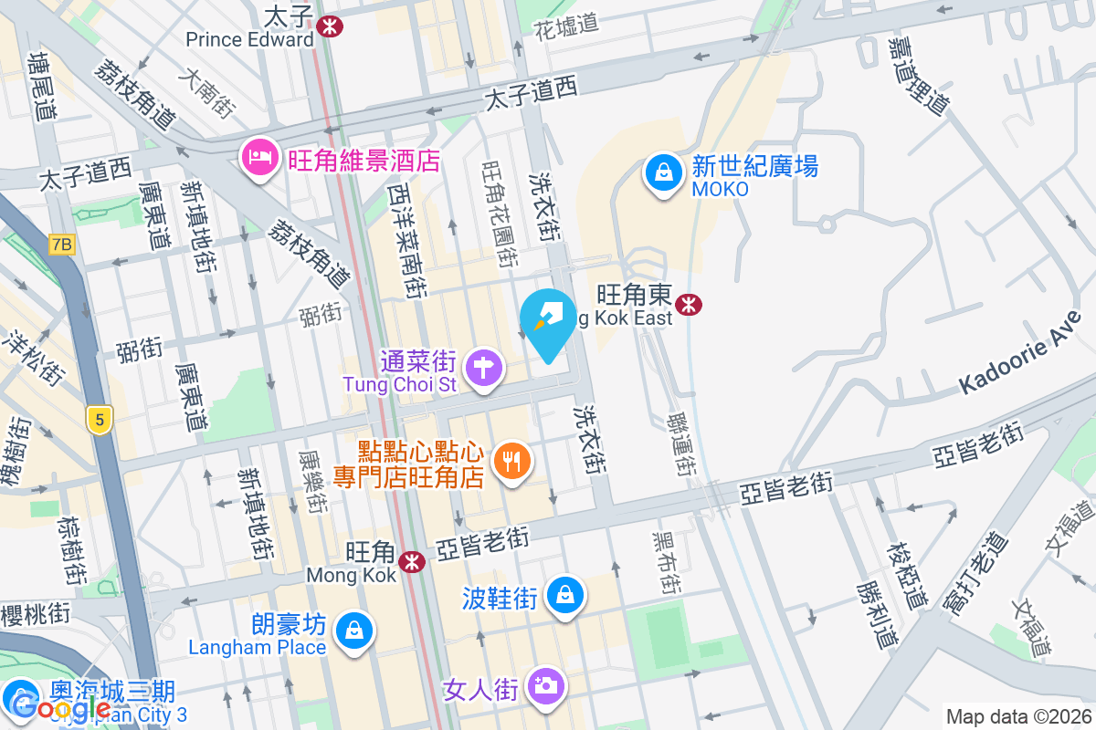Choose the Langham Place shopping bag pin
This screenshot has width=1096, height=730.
[x=352, y=631]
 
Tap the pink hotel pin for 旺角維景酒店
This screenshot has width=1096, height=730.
[x=260, y=159]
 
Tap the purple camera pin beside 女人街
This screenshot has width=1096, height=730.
[x=546, y=686]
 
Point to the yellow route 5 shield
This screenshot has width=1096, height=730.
[x=99, y=419]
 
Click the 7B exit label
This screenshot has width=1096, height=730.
[x=61, y=245]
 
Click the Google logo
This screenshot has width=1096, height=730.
[x=62, y=707]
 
